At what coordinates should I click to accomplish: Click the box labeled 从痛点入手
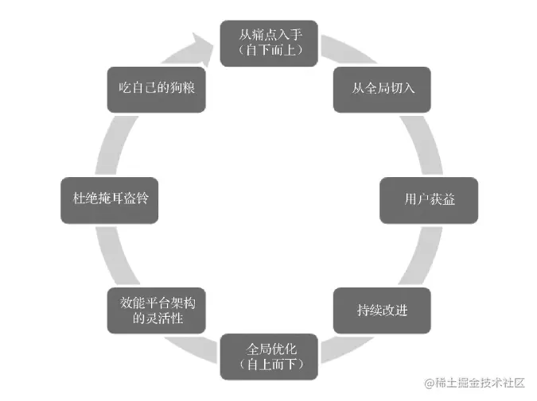(268, 43)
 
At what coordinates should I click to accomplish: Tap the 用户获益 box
(429, 199)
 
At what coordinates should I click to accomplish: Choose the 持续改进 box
(382, 310)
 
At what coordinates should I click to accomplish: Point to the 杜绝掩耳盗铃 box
(110, 199)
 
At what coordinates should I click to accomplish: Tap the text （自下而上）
(268, 51)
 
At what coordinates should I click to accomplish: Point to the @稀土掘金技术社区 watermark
(475, 383)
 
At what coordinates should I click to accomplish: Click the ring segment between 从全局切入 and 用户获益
(422, 143)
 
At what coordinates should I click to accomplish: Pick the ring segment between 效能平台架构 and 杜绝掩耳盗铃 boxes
(116, 254)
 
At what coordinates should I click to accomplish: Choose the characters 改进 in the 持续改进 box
(395, 310)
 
